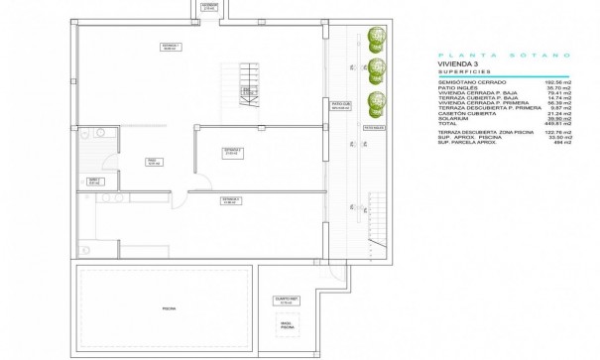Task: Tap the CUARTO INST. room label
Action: (x=286, y=300)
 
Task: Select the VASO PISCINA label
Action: (x=286, y=324)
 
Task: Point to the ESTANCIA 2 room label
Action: (x=232, y=151)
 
